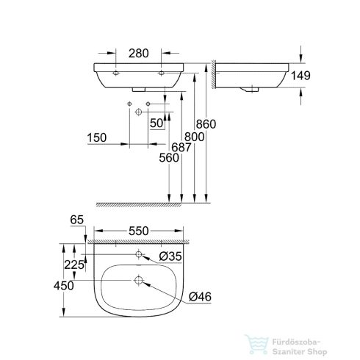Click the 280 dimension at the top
click(139, 53)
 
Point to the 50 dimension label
click(156, 123)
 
